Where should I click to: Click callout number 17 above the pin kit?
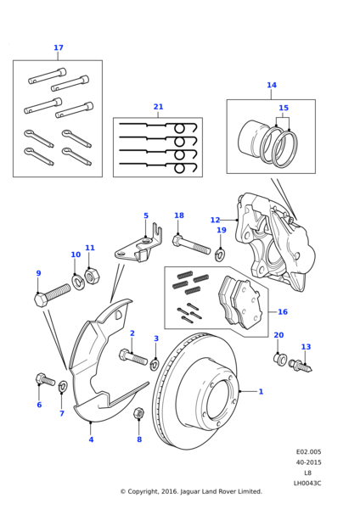(x=59, y=48)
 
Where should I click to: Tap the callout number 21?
(x=158, y=107)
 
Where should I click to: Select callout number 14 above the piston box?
(x=272, y=85)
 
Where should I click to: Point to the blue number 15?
(x=284, y=108)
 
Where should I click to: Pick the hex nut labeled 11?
(x=92, y=276)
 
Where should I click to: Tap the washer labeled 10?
(x=78, y=282)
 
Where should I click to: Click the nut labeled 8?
(x=139, y=413)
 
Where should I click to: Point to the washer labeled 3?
(x=154, y=364)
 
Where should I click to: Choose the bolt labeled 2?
(x=133, y=357)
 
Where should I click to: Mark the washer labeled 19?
(x=220, y=254)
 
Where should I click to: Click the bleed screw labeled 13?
(x=301, y=366)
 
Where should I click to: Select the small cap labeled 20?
(x=279, y=358)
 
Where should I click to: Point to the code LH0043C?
(x=307, y=484)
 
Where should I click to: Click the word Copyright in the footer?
(x=143, y=491)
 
